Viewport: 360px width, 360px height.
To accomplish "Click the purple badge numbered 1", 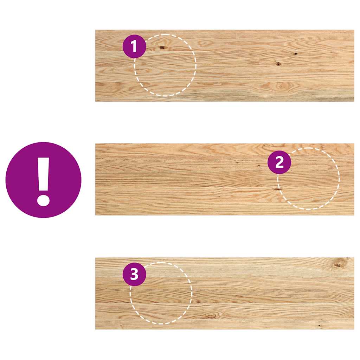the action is click(134, 46).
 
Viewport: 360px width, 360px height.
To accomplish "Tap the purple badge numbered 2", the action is click(279, 162).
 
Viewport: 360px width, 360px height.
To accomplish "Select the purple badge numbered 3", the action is click(134, 274).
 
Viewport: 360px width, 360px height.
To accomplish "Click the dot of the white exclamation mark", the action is click(43, 200).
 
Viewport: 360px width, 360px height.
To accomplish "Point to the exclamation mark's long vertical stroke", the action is click(44, 174).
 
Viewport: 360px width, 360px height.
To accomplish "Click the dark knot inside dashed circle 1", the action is click(162, 47).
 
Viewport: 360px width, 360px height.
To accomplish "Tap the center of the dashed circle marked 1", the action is click(165, 65).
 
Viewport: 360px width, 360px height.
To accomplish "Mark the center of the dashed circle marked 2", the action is click(308, 179).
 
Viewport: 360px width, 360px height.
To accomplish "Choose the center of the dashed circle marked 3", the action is click(161, 293).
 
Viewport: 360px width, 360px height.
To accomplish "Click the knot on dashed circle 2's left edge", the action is click(277, 189).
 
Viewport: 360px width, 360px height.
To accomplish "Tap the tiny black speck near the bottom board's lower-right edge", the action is click(319, 326).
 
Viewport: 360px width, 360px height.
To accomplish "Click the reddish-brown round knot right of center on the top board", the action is click(278, 64).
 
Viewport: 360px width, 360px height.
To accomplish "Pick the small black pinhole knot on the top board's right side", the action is click(296, 54).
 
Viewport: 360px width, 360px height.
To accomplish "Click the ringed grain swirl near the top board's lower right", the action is click(279, 86).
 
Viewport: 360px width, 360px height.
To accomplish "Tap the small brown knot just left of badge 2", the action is click(259, 165).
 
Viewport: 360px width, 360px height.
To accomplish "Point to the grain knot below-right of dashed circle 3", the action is click(211, 316).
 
